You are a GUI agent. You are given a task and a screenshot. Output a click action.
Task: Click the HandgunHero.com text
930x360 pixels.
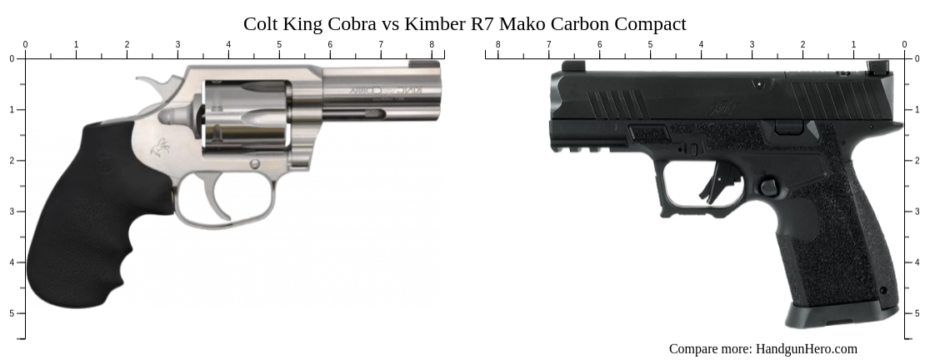click(806, 349)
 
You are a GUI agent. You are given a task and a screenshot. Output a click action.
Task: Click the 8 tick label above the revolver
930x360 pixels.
click(432, 44)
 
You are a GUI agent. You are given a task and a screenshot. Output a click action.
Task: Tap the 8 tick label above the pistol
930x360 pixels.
click(498, 44)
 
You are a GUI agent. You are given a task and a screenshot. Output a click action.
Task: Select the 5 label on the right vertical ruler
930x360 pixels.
click(917, 313)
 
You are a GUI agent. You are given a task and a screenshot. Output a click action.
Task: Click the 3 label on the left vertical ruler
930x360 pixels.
click(11, 212)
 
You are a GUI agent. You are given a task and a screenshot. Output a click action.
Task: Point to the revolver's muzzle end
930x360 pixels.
click(439, 100)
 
